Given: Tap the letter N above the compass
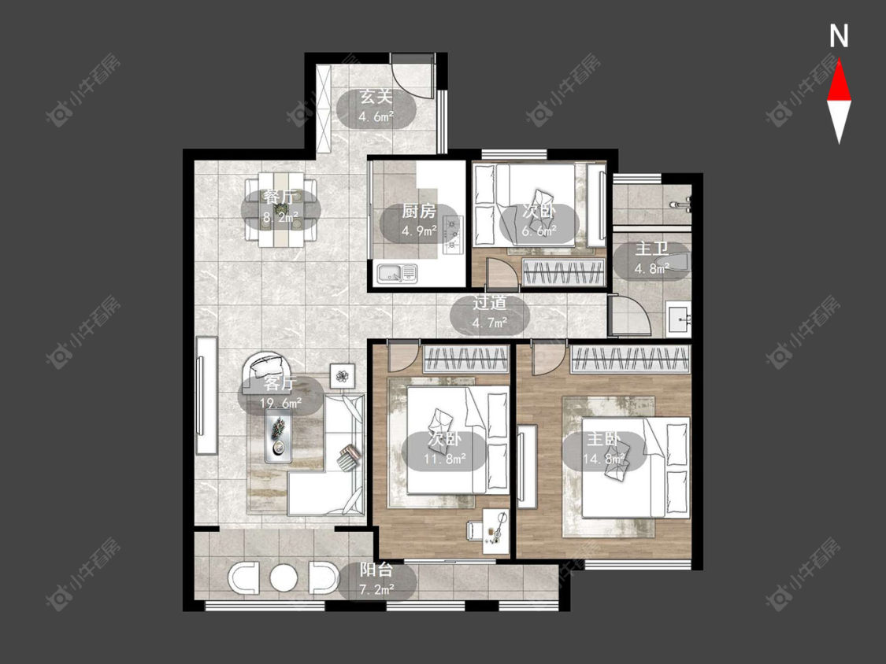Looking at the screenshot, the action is click(x=839, y=36).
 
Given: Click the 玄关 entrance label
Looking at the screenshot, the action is click(x=376, y=97).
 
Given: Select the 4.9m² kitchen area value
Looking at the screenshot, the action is click(x=419, y=231).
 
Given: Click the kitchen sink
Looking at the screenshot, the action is click(x=397, y=273).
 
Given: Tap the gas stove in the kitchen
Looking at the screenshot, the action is click(x=452, y=233).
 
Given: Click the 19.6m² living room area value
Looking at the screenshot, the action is click(x=280, y=403).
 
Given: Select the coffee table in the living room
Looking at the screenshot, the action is click(x=279, y=435).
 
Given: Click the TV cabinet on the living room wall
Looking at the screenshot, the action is click(x=206, y=395).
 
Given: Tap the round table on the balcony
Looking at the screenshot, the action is click(x=284, y=577).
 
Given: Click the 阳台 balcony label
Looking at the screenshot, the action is click(x=376, y=570).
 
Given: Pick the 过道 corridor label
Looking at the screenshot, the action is click(x=489, y=303).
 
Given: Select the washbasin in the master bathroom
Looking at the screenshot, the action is click(x=678, y=319).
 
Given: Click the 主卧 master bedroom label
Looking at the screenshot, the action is click(x=603, y=439).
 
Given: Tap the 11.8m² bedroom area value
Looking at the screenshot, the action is click(x=445, y=459).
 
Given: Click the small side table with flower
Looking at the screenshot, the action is click(x=343, y=375).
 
